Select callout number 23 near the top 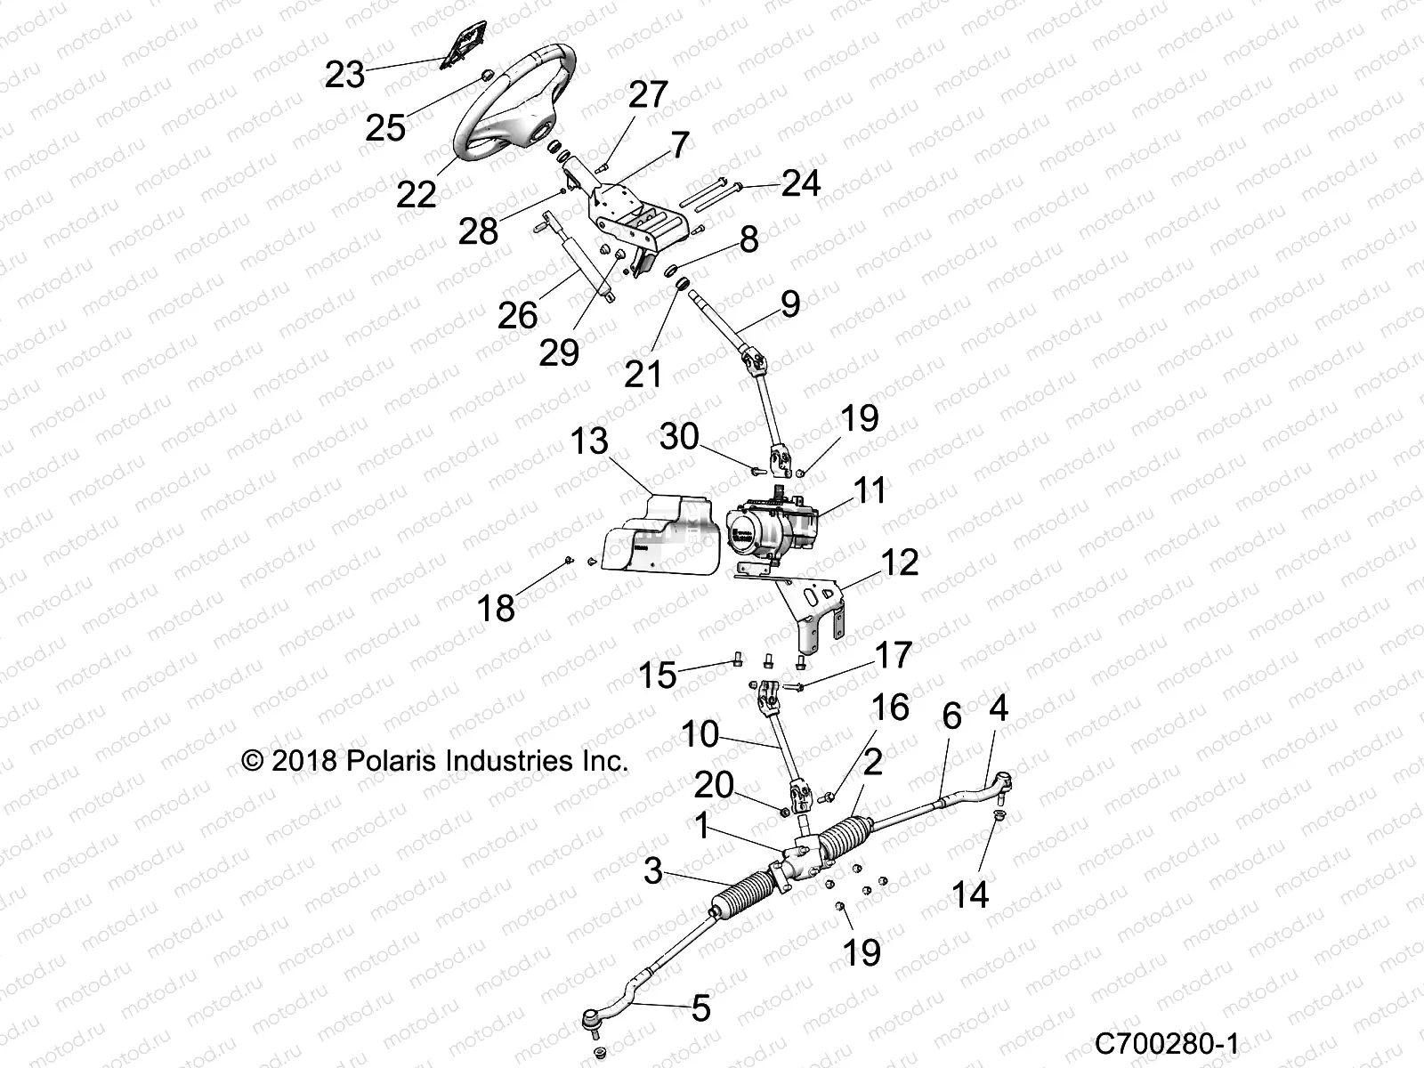(344, 75)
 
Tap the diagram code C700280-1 (1166, 1043)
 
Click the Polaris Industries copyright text (435, 761)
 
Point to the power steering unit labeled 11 (774, 534)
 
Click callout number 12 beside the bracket (899, 562)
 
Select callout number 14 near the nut (970, 894)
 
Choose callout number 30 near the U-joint (679, 437)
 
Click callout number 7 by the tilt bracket (679, 145)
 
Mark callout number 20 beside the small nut (713, 785)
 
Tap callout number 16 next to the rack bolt (890, 708)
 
